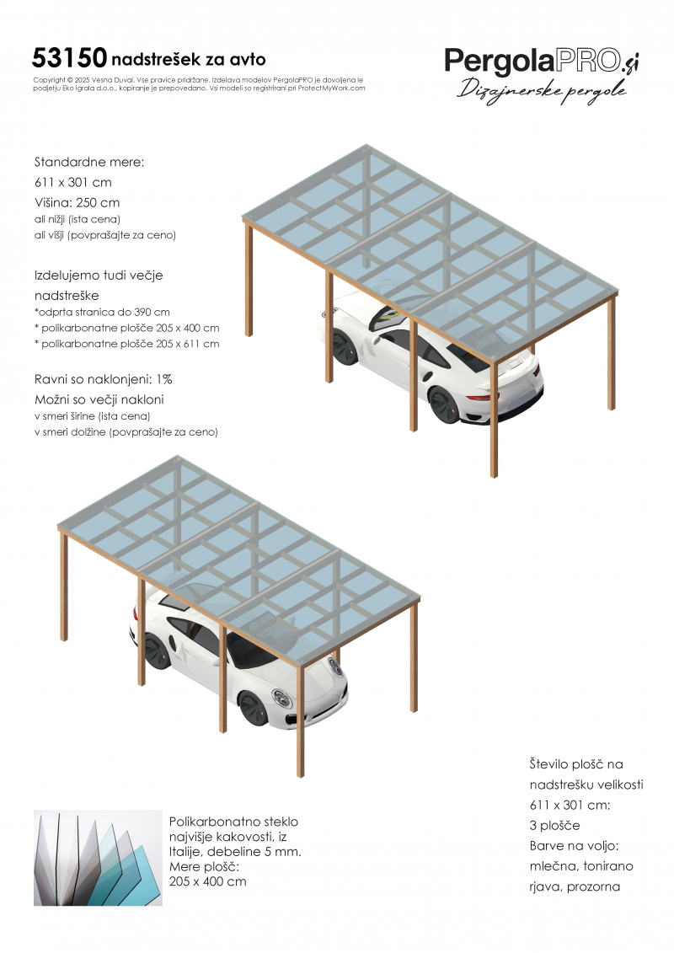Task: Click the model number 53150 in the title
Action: (x=69, y=57)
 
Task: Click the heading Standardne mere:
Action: (x=89, y=162)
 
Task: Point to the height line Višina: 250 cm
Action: (x=77, y=202)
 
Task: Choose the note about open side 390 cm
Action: (x=102, y=312)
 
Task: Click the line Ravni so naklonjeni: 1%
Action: (x=104, y=378)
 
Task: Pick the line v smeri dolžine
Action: (x=126, y=432)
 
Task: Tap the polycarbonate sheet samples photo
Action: (x=97, y=858)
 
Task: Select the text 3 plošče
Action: (x=555, y=825)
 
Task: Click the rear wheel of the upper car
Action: (x=443, y=406)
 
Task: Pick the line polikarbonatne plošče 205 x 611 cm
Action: (x=127, y=344)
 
